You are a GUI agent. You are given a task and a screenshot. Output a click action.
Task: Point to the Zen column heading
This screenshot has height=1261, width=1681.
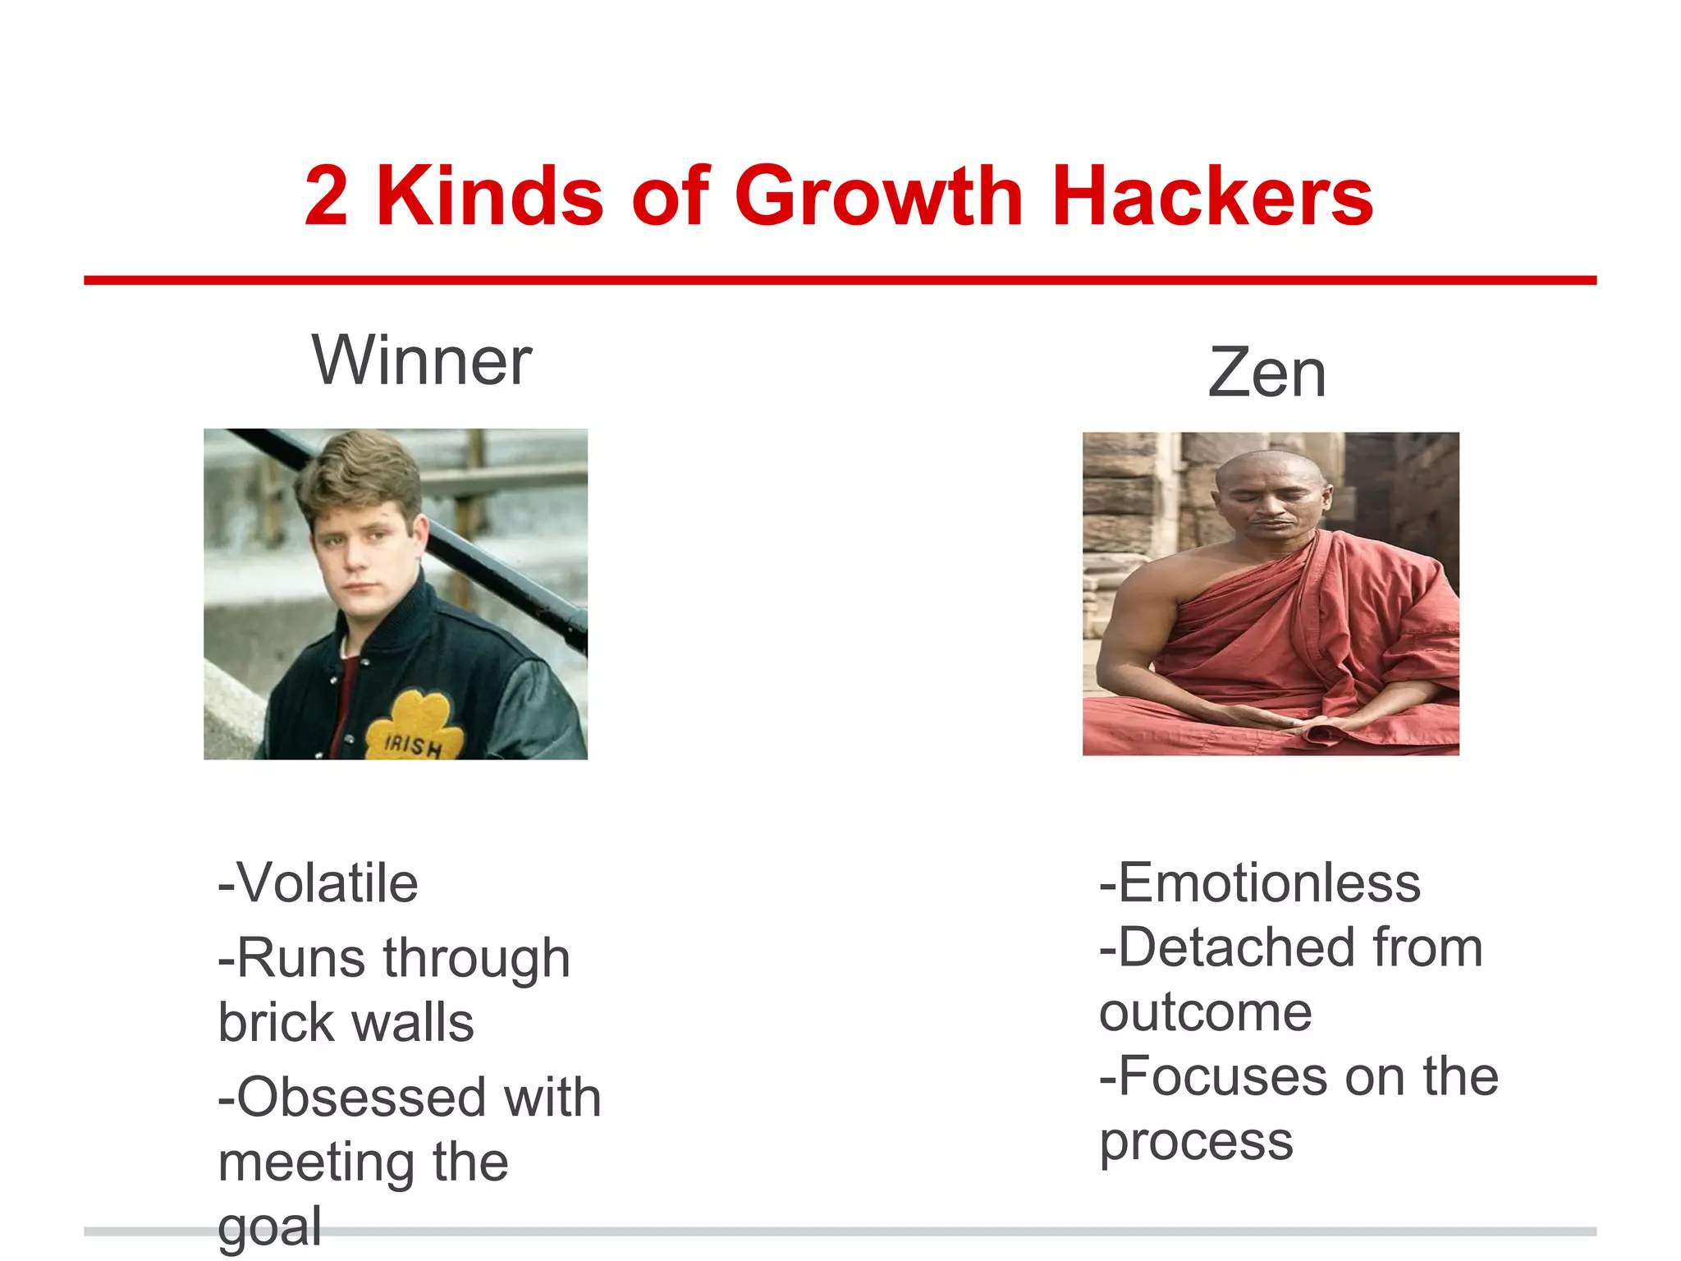coord(1266,373)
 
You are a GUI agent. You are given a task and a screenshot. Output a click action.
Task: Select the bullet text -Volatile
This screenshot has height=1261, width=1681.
coord(318,883)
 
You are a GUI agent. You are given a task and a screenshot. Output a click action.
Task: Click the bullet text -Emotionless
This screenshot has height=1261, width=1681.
coord(1260,883)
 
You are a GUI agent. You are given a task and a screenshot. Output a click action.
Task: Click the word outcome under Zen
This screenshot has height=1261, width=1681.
coord(1205,1013)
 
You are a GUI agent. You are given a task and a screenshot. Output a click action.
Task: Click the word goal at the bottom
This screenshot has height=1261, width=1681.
coord(269,1228)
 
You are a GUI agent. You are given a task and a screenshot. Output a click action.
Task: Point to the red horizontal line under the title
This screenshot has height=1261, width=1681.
coord(840,281)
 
